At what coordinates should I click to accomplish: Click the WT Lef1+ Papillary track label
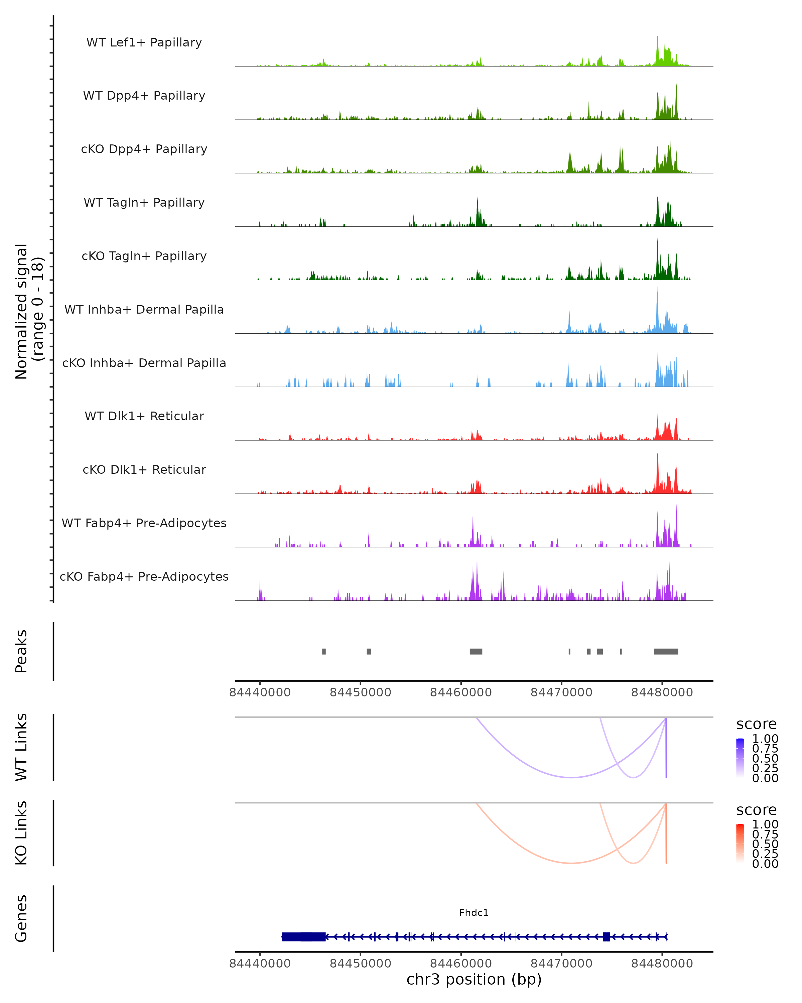(x=144, y=42)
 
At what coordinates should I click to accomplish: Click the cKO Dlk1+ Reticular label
(x=144, y=469)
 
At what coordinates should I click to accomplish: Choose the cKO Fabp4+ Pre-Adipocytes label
(x=144, y=576)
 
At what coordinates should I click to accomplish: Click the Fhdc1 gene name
(x=474, y=913)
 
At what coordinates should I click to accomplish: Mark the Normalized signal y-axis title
(x=29, y=311)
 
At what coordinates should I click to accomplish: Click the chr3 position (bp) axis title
(x=474, y=979)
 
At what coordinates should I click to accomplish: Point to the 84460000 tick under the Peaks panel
(x=461, y=692)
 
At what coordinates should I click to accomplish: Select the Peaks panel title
(x=21, y=651)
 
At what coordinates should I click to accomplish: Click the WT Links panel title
(x=21, y=747)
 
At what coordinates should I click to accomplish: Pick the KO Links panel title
(x=21, y=833)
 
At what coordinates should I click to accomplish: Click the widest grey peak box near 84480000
(x=666, y=651)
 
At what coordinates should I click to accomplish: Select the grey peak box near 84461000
(x=476, y=651)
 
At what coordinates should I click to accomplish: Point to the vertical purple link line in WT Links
(x=666, y=749)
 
